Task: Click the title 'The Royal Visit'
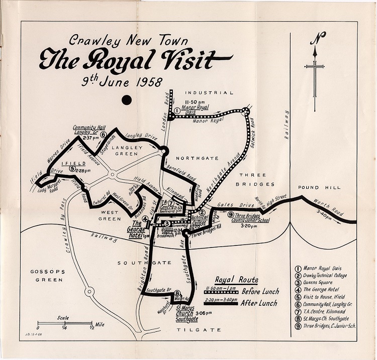pos(134,59)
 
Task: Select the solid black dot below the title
pos(127,100)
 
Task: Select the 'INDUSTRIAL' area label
pos(210,93)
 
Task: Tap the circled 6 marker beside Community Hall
pos(103,134)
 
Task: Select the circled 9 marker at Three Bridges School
pos(231,215)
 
